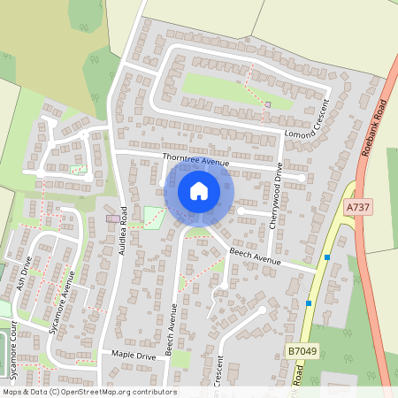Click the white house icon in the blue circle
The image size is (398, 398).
coord(198,190)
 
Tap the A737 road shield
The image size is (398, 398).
coord(356,206)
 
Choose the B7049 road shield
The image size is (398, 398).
coord(302,351)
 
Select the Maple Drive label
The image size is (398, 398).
coord(134,355)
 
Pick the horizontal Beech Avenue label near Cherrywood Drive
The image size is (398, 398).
coord(255,257)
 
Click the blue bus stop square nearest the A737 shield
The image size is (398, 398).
coord(327,257)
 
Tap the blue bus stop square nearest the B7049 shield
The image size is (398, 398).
coord(309,303)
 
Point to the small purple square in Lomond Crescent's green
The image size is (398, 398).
coord(268,104)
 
